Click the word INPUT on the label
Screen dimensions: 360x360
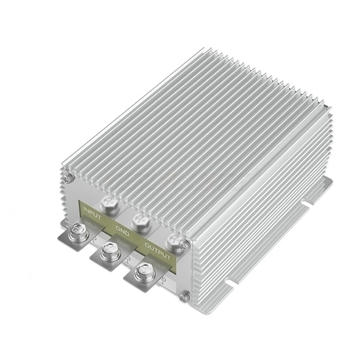point(92,213)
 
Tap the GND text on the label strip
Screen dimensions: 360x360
point(122,230)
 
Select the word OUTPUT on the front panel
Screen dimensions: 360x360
point(157,250)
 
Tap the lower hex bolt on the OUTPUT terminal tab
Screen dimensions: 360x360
point(145,272)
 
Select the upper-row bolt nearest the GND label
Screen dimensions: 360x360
point(141,223)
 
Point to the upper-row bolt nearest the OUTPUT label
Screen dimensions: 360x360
point(173,242)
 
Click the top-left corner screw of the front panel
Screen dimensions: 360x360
point(68,177)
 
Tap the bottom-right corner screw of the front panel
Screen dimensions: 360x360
point(185,296)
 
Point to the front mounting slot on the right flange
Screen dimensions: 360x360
point(230,282)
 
